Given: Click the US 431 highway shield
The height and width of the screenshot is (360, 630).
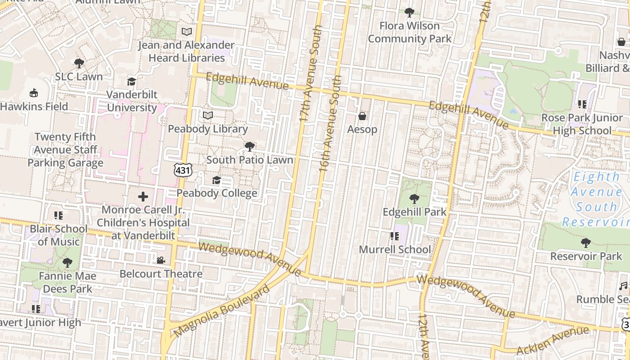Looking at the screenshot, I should [183, 170].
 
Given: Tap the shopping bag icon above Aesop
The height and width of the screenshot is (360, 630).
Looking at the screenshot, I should [362, 117].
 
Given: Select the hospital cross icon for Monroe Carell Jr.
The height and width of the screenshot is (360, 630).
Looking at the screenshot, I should [143, 197].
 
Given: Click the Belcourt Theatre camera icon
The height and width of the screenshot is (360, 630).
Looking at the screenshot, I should [161, 261].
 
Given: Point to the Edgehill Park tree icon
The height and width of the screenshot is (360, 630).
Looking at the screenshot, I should [414, 198].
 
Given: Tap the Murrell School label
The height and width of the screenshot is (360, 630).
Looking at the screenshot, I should [395, 249].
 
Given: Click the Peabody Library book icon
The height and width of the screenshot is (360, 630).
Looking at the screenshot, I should [207, 116].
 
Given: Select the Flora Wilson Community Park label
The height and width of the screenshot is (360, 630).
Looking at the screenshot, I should [409, 32].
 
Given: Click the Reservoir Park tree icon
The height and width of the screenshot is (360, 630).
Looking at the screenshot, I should [586, 243].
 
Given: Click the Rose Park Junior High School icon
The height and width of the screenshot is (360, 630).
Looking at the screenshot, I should [582, 104].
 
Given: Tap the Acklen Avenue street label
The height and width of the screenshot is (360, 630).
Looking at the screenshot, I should [553, 340].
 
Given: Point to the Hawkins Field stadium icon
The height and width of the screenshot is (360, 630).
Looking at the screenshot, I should [34, 94].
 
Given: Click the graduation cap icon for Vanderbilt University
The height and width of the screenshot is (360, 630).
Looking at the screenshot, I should [131, 81].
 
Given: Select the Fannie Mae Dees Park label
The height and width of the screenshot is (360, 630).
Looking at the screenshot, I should [66, 282].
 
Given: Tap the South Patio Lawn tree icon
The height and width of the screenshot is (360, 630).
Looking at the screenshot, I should [249, 147].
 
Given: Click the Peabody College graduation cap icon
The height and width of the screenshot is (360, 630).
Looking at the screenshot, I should [216, 180].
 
